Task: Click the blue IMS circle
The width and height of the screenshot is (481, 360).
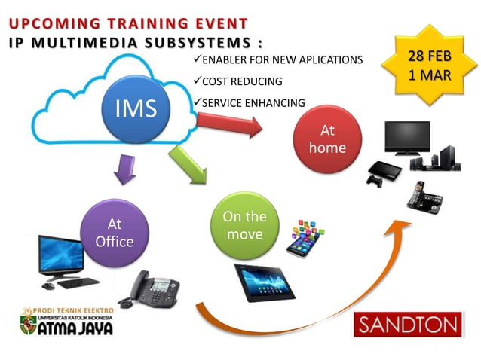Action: point(136,109)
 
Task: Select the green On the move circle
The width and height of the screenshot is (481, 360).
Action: point(244,225)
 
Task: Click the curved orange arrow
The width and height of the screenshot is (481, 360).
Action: point(317,301)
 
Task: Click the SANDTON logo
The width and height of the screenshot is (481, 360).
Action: point(407,326)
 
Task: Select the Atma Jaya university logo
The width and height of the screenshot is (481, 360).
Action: point(67,322)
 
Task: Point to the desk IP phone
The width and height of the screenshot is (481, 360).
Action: point(146,287)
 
